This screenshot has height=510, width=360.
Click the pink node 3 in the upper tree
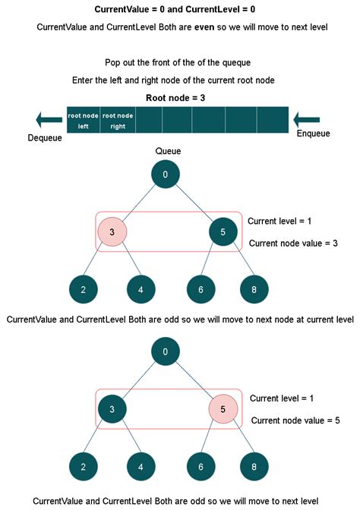(112, 231)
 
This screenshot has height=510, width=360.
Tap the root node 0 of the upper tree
(166, 175)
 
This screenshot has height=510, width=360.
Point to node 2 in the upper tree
(83, 289)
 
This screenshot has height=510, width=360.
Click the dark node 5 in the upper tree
(223, 231)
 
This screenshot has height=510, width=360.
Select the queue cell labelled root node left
(84, 121)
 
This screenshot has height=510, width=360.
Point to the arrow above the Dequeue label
(46, 119)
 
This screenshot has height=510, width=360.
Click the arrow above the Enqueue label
(311, 119)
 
